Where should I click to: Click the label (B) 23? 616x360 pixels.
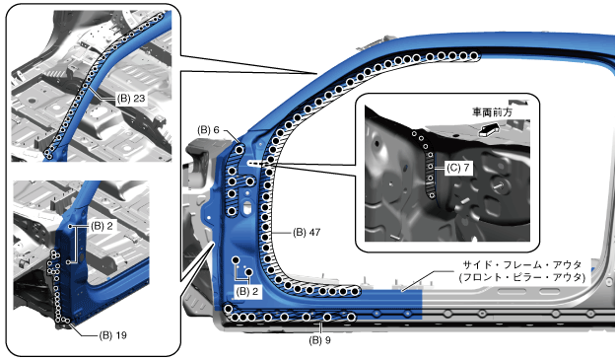[131, 99]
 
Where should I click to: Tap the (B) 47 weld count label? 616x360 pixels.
[307, 232]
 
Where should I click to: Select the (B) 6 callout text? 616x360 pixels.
[208, 130]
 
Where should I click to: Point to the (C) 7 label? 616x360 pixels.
[458, 168]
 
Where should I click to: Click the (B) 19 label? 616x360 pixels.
[112, 335]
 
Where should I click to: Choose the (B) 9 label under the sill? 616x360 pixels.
[319, 340]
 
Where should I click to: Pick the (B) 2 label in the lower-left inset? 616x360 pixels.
[102, 226]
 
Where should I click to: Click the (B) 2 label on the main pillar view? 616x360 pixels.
[247, 291]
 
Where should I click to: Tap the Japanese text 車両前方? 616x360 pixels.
[492, 112]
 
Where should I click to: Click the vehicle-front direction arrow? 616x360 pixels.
[489, 129]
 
